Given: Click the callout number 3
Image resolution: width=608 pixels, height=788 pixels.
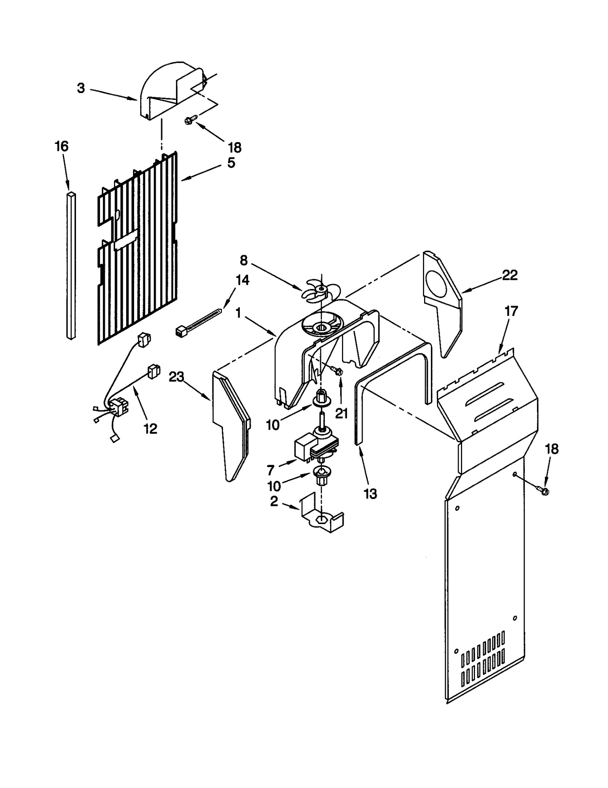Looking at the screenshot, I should pyautogui.click(x=81, y=88).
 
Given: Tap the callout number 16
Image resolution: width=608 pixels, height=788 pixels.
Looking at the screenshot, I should pyautogui.click(x=62, y=146).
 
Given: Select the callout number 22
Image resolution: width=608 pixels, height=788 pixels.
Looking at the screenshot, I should pyautogui.click(x=510, y=275).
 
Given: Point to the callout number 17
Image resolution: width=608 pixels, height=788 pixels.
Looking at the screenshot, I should pyautogui.click(x=511, y=311).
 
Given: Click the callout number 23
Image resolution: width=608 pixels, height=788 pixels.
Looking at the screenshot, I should pyautogui.click(x=176, y=377).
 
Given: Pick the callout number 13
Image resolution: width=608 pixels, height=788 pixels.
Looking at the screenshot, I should pyautogui.click(x=370, y=494).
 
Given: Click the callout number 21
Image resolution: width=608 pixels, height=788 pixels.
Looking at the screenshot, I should pyautogui.click(x=341, y=413).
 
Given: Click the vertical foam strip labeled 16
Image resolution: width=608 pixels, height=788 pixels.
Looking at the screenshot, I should pyautogui.click(x=71, y=266).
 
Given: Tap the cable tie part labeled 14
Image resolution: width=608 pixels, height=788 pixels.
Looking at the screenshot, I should pyautogui.click(x=198, y=321).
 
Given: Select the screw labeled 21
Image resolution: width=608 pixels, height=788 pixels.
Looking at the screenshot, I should pyautogui.click(x=337, y=370).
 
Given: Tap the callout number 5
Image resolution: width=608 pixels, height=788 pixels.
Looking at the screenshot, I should pyautogui.click(x=231, y=163).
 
